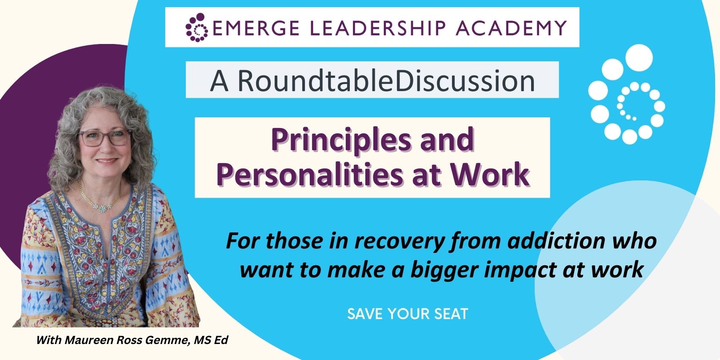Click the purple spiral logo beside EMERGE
[x=197, y=27]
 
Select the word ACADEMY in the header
[x=511, y=28]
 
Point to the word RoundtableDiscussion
[x=386, y=80]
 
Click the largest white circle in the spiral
[x=639, y=58]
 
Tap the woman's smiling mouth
[x=106, y=160]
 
